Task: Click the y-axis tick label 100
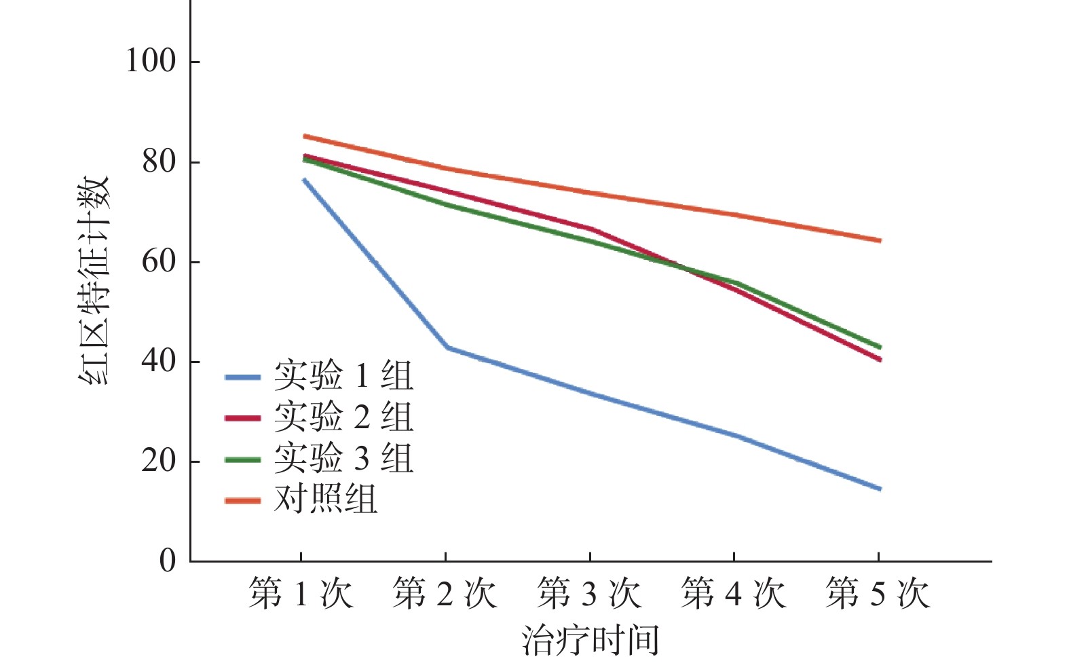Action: (x=150, y=61)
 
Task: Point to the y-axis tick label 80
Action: (x=159, y=162)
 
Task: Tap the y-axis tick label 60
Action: (x=159, y=262)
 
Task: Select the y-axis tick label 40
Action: (x=159, y=361)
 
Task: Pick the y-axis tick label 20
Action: (x=159, y=461)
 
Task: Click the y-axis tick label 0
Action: (x=168, y=561)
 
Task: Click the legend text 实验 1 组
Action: (x=343, y=375)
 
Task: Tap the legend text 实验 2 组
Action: (x=343, y=417)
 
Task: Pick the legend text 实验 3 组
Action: (x=343, y=458)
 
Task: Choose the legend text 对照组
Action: (x=326, y=499)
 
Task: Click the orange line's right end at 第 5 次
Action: (x=880, y=240)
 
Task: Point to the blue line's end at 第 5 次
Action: (x=880, y=489)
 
